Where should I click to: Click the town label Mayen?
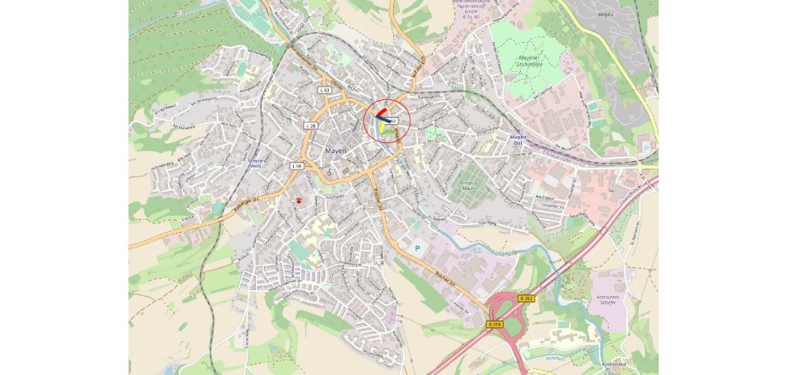pos(335,150)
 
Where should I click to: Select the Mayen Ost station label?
pos(516,138)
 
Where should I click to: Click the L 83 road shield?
pos(324,90)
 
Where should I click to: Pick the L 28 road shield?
pos(311,126)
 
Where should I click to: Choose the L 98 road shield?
pos(297,164)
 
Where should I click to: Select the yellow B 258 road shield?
pos(494,324)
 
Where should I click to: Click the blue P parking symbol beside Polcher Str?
pos(417,248)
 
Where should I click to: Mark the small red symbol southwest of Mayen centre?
pos(299,198)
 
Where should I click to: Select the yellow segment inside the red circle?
pos(379,126)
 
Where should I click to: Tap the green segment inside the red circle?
pos(390,132)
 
